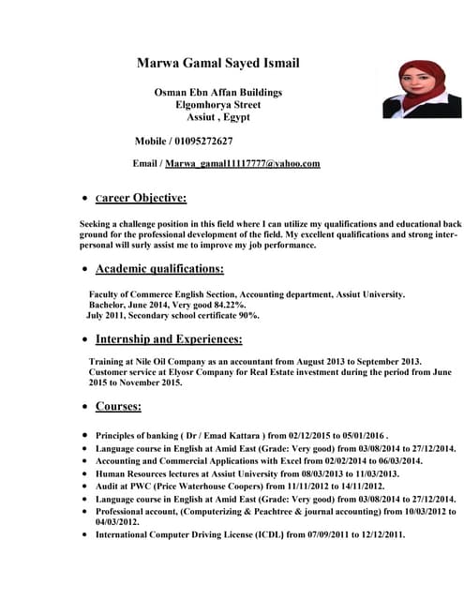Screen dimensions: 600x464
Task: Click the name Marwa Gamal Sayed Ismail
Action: point(217,64)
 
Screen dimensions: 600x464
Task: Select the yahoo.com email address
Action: point(243,163)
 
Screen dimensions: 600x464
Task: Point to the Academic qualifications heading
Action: point(159,269)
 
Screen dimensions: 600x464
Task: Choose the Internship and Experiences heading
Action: point(169,338)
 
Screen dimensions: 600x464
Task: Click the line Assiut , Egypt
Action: point(217,117)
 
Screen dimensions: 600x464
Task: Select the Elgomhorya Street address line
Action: point(217,105)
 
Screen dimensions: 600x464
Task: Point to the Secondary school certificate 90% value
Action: point(247,316)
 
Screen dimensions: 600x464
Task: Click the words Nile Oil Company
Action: point(178,361)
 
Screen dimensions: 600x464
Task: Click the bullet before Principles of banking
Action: point(86,436)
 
